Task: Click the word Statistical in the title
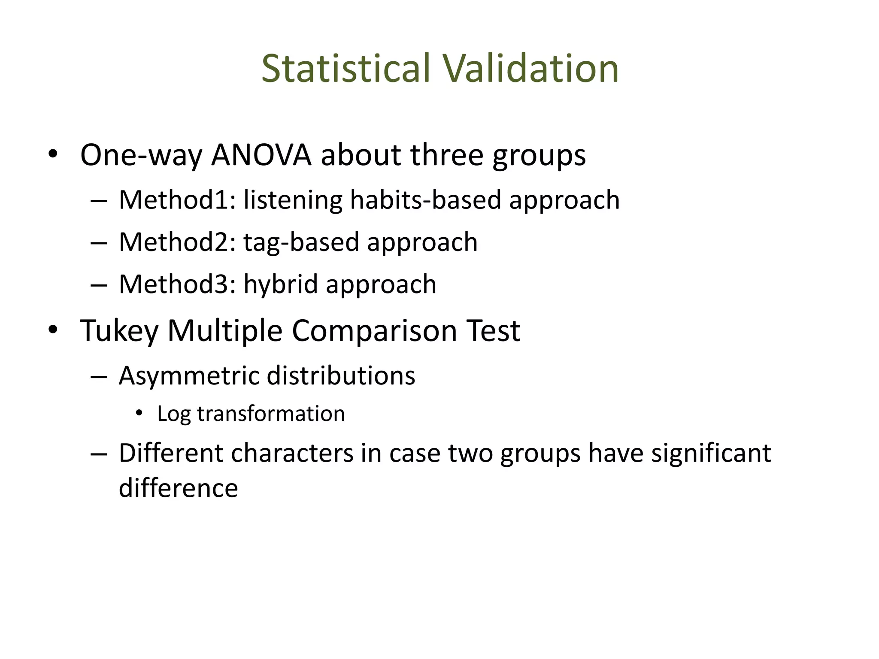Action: (346, 69)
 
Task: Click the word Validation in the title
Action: (531, 69)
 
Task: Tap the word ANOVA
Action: (261, 155)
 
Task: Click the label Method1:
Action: (177, 200)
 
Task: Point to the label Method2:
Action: (177, 242)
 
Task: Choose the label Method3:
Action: (177, 284)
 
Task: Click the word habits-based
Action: (425, 200)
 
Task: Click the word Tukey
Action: (119, 331)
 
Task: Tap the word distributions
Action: (341, 376)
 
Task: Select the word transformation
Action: (271, 414)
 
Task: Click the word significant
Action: (711, 453)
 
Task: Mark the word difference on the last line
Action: (178, 488)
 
